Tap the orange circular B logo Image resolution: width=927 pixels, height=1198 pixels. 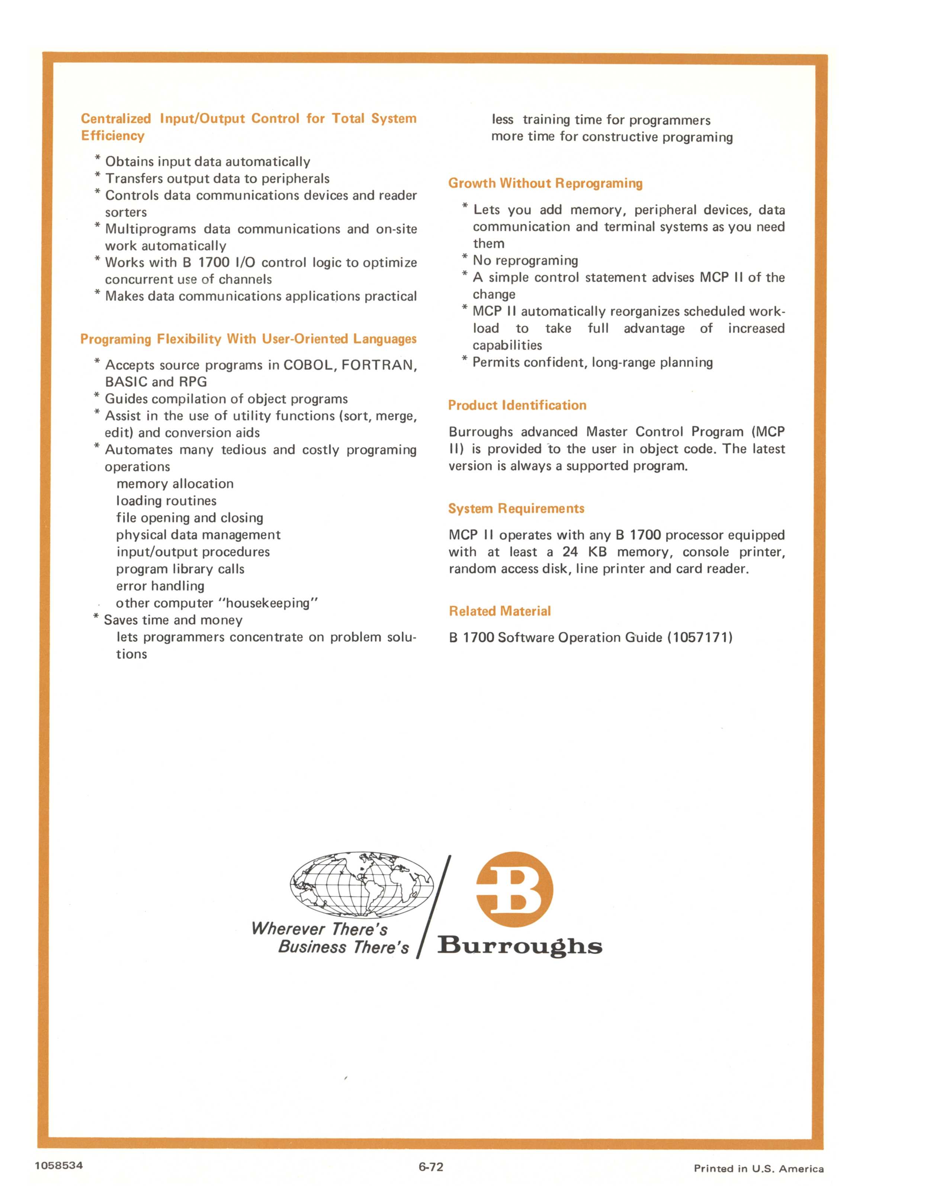coord(514,889)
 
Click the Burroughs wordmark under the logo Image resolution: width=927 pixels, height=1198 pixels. coord(519,945)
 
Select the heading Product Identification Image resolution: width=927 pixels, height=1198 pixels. coord(517,406)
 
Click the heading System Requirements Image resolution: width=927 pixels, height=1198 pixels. coord(516,508)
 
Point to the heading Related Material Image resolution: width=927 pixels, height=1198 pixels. coord(500,611)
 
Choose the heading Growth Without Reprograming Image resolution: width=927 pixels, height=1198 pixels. coord(545,183)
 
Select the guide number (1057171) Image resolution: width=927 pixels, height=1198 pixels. coord(699,637)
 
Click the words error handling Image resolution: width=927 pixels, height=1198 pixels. coord(160,586)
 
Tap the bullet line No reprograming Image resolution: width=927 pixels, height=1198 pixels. coord(525,261)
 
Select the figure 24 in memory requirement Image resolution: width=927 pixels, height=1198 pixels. coord(570,552)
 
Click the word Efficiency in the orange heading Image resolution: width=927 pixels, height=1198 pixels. coord(112,136)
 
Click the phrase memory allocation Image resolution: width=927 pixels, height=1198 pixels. coord(174,484)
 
